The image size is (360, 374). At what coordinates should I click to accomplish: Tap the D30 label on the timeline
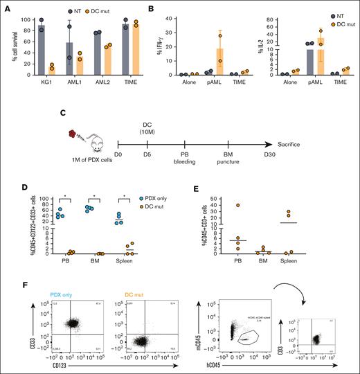(x=258, y=155)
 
